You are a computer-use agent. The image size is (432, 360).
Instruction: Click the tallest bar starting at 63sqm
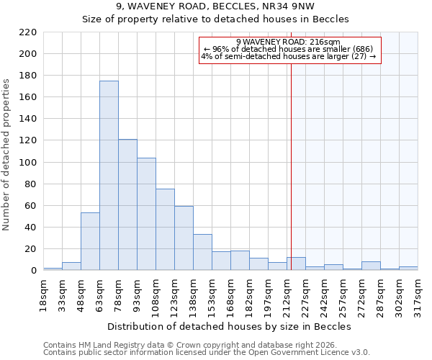point(109,176)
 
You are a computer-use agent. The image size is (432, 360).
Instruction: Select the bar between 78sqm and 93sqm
point(127,205)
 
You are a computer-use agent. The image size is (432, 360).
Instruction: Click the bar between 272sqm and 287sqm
point(371,266)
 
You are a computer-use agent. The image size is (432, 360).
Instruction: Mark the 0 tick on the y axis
point(33,271)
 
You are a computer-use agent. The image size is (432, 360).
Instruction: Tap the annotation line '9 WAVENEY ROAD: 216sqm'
point(288,42)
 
